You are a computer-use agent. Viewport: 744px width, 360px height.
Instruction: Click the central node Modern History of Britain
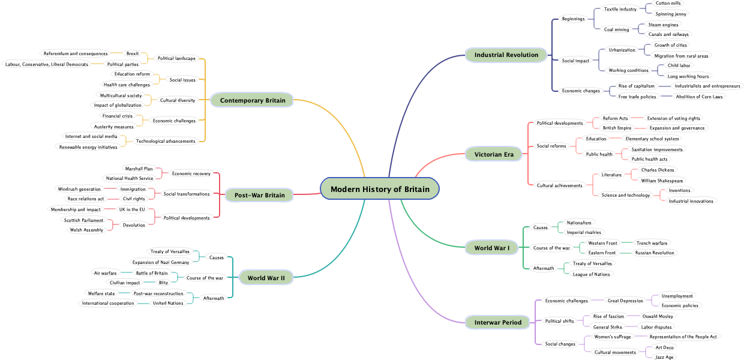point(380,189)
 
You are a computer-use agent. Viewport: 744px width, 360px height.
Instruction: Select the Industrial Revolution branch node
point(506,55)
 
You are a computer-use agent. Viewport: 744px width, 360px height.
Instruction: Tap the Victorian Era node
point(494,155)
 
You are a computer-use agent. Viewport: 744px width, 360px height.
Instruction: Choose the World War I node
point(491,248)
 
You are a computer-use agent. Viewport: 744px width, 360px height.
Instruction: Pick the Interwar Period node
point(497,323)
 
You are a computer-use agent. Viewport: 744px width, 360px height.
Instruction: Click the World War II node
point(266,278)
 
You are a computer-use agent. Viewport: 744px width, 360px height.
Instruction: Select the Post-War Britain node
point(259,195)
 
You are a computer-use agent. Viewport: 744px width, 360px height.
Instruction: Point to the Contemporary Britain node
point(252,100)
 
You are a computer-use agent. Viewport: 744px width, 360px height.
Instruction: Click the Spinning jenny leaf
point(671,14)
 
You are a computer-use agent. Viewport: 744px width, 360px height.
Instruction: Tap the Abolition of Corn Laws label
point(699,97)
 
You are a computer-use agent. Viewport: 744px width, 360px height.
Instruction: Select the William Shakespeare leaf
point(662,181)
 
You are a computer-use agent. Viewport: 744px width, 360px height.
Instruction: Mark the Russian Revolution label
point(655,253)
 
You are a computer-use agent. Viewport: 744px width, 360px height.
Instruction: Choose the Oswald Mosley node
point(658,316)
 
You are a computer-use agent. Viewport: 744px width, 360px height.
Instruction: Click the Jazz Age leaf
point(664,357)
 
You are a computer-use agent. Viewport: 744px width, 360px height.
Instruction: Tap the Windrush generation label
point(79,189)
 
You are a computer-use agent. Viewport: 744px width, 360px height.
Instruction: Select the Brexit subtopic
point(132,53)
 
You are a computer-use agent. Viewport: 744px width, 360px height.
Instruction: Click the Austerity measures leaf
point(114,127)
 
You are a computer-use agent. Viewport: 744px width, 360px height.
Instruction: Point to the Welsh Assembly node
point(86,230)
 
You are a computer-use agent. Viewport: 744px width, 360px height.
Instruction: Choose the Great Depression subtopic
point(625,301)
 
